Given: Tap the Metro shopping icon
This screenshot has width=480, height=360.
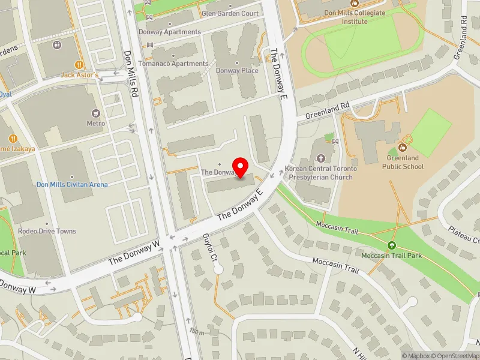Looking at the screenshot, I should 96,113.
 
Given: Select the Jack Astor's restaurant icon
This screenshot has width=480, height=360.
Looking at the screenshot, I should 79,65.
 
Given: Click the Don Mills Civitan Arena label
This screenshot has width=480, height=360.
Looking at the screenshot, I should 72,185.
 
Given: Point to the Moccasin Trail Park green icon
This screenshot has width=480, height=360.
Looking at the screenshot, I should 391,245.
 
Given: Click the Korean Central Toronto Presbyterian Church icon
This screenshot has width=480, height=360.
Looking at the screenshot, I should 321,158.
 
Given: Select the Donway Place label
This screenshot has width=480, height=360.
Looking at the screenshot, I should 236,71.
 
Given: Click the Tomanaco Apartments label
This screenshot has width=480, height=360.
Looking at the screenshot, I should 173,64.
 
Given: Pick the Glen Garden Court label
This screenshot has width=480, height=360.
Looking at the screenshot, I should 230,13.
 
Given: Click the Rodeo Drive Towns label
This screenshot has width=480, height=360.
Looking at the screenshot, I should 47,232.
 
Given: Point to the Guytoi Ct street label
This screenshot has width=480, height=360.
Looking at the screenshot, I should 208,245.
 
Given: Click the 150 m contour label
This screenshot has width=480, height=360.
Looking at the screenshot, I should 197,332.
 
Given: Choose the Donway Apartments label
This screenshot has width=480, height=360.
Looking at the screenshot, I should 170,32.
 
